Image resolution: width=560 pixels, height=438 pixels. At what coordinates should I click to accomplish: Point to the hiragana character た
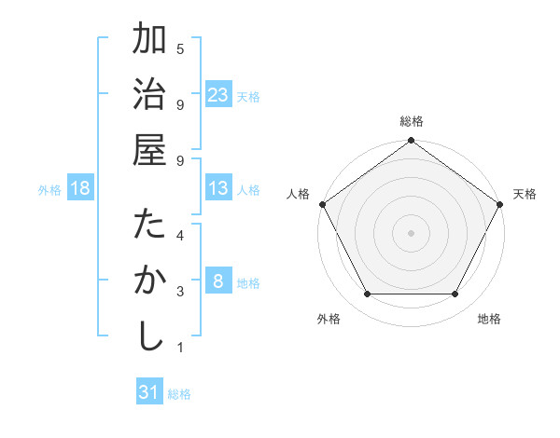click(x=149, y=226)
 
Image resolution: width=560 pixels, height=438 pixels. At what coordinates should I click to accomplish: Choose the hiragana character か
click(x=149, y=281)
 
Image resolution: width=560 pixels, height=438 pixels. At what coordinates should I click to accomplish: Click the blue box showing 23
click(x=218, y=95)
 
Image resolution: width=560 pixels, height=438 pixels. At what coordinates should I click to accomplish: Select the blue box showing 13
click(x=218, y=189)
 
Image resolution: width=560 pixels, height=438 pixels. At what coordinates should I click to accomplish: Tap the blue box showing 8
click(x=218, y=282)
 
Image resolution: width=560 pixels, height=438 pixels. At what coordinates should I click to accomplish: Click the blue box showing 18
click(x=80, y=189)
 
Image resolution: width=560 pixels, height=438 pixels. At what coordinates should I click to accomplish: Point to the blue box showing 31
click(x=149, y=392)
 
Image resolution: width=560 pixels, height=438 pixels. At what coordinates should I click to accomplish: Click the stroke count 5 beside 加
click(x=180, y=48)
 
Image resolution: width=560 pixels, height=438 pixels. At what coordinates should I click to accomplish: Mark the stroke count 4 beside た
click(x=180, y=235)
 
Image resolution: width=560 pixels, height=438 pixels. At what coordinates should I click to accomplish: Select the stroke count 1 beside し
click(x=180, y=348)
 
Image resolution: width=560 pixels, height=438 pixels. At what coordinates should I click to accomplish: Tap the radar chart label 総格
click(x=411, y=121)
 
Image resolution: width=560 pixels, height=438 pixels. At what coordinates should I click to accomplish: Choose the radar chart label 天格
click(x=525, y=194)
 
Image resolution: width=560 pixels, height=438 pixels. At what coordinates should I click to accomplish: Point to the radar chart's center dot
click(x=411, y=232)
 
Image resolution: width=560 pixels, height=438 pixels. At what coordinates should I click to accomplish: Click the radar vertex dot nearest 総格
click(x=411, y=142)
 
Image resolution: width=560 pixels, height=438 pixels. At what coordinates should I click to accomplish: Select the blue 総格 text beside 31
click(x=179, y=394)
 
